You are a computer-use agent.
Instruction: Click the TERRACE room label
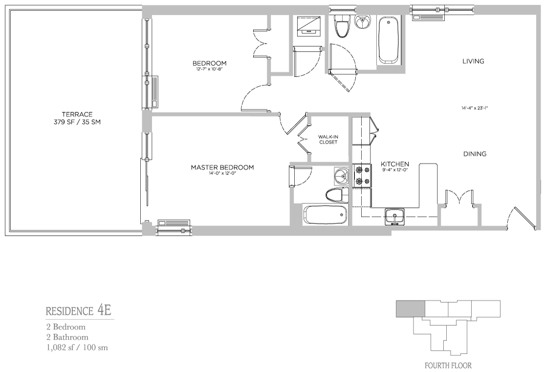[77, 114]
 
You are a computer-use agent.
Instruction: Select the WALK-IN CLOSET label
[328, 139]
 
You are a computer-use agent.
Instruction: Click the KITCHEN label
[395, 164]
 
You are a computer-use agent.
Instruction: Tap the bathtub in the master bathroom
[325, 215]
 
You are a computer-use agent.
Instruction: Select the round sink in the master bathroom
[342, 176]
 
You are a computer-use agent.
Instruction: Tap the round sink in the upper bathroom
[363, 23]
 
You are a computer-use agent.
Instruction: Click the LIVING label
[473, 61]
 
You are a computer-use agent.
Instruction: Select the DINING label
[475, 153]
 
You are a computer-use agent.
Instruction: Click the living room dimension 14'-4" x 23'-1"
[475, 108]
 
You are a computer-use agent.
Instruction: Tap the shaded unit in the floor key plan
[411, 309]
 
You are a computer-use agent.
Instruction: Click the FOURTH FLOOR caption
[448, 366]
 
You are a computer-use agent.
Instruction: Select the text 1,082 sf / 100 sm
[77, 348]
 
